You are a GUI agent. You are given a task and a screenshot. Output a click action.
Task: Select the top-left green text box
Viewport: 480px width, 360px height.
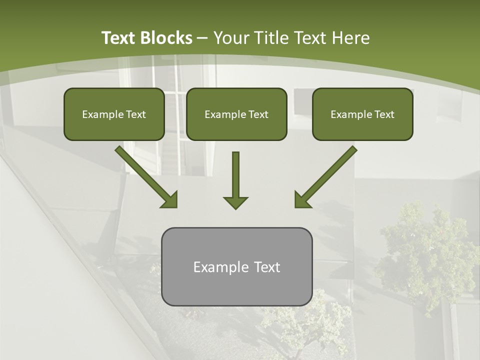[x=114, y=114]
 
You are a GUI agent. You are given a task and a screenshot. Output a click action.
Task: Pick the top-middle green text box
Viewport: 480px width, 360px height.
[x=236, y=114]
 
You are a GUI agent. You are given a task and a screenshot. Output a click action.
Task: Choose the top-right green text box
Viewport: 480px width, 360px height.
[x=362, y=114]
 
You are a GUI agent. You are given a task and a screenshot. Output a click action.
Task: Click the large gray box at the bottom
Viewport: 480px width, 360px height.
[x=236, y=266]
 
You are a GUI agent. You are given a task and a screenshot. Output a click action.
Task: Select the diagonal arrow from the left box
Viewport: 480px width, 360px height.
[x=145, y=175]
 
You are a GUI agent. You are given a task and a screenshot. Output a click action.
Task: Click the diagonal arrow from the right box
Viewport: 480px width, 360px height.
[x=327, y=175]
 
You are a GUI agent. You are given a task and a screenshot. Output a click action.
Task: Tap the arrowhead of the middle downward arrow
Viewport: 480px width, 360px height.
[x=235, y=202]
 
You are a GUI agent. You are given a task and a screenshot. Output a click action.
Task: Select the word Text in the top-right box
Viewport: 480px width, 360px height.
[x=384, y=114]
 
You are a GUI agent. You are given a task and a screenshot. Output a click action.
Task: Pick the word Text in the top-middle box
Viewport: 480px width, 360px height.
[x=258, y=114]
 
